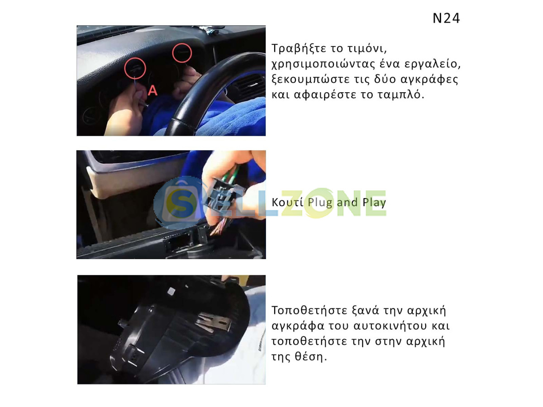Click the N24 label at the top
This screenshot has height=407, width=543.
[x=446, y=18]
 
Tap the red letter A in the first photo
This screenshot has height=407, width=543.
[x=152, y=91]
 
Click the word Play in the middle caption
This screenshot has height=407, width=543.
[x=374, y=203]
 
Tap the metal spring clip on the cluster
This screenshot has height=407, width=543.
[x=213, y=322]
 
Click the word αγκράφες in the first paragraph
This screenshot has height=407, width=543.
[x=429, y=79]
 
